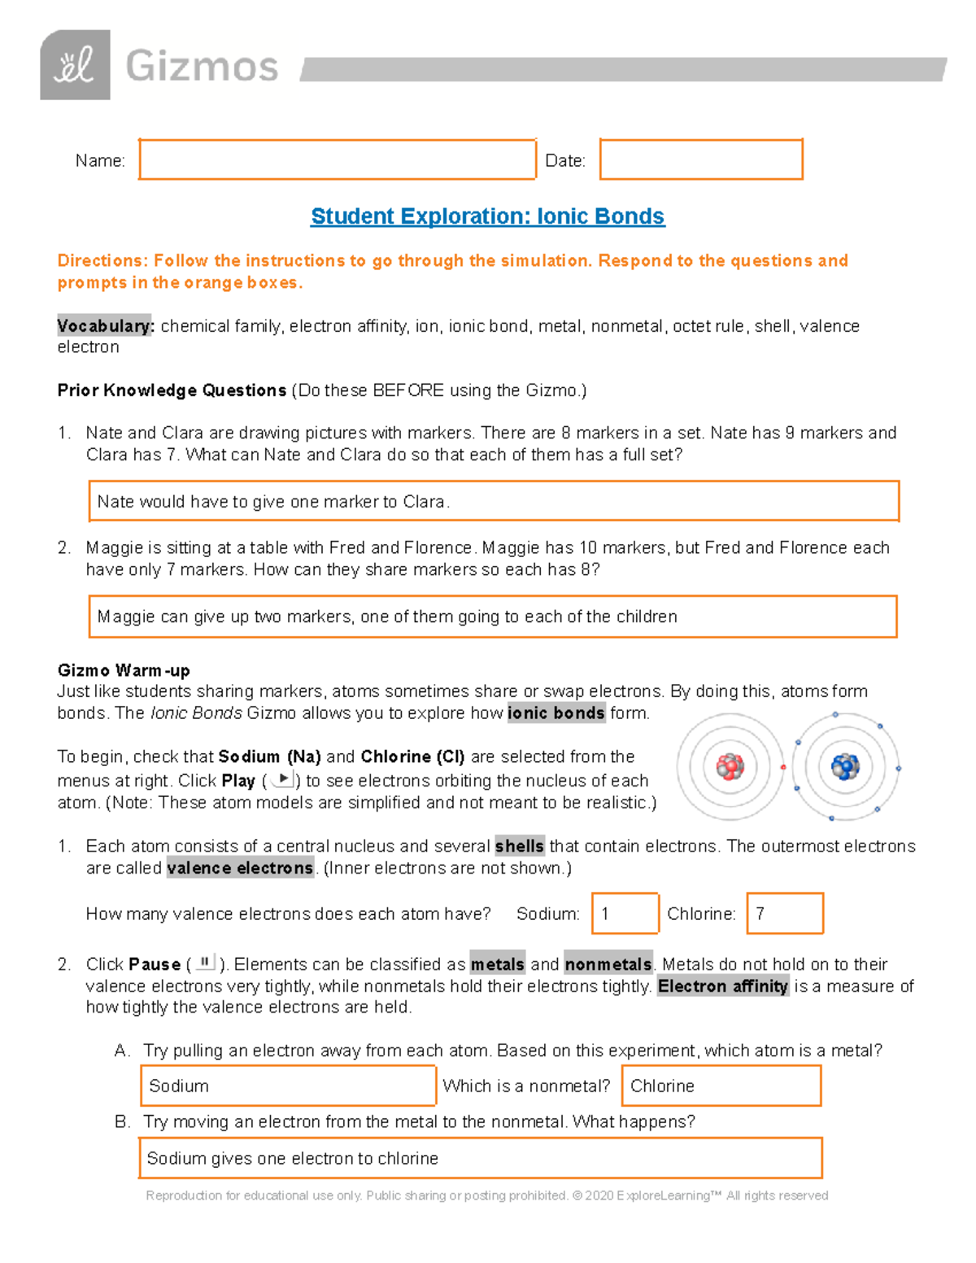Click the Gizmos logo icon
75,65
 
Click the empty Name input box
337,159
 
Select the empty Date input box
701,159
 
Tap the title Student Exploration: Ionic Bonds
487,216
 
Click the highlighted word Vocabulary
104,326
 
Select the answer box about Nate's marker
493,501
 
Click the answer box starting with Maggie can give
492,616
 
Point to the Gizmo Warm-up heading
124,670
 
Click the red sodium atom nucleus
730,766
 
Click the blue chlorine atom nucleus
845,766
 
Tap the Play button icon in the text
282,779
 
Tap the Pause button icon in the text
205,963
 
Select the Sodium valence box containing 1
625,913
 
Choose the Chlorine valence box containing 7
785,913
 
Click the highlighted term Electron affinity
722,986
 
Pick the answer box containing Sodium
288,1086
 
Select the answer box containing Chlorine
721,1086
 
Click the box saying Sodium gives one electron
480,1158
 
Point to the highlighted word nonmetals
608,965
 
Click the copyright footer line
486,1195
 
